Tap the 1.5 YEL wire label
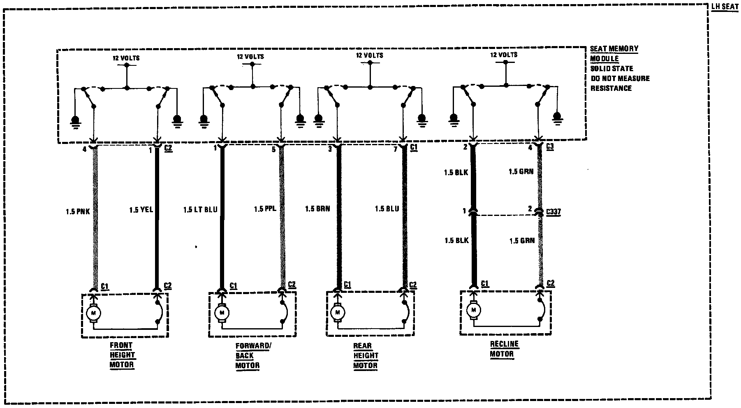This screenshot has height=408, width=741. [141, 210]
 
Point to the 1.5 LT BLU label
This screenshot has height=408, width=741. [200, 210]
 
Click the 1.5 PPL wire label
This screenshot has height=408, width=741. [264, 209]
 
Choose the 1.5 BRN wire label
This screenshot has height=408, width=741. [317, 209]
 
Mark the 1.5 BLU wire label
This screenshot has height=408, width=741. [387, 209]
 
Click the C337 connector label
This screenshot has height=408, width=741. [553, 212]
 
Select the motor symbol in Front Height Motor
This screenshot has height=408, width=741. [93, 313]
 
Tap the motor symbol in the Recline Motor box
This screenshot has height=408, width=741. [473, 309]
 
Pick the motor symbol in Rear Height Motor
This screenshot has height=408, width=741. [338, 312]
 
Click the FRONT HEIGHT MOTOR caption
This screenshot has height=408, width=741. [122, 355]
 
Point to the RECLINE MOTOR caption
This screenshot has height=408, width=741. [504, 349]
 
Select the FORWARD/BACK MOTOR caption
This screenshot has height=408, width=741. [253, 355]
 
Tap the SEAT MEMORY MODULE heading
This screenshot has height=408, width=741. [614, 53]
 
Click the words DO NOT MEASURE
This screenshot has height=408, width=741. [620, 78]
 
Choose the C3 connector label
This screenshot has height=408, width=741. [550, 146]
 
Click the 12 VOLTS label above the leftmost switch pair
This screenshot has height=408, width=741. [126, 58]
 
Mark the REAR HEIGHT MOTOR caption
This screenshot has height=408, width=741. [366, 355]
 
